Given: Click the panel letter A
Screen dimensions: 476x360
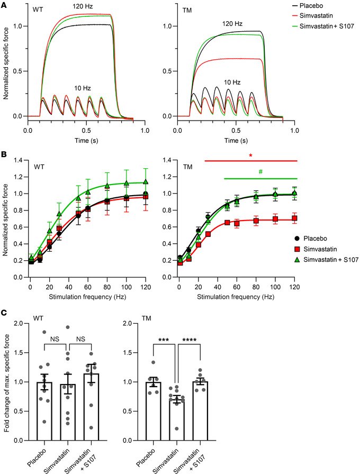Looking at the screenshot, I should click(x=4, y=4).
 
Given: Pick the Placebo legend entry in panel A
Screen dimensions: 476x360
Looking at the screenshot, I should click(x=328, y=4).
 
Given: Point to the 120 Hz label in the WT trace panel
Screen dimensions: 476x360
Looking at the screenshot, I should click(x=82, y=6).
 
